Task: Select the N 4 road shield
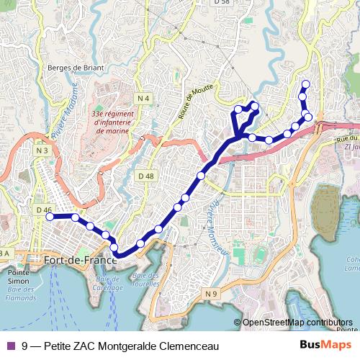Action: (x=144, y=98)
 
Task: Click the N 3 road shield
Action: (x=42, y=150)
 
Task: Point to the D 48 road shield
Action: (x=145, y=176)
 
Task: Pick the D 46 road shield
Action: (x=42, y=210)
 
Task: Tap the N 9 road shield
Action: (x=210, y=294)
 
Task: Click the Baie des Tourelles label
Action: (x=145, y=280)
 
